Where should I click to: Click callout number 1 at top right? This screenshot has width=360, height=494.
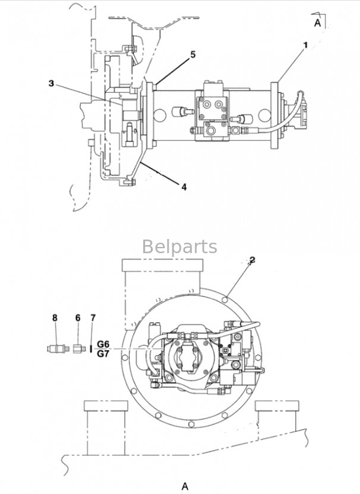pyautogui.click(x=305, y=45)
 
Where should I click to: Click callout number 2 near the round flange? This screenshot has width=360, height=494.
pyautogui.click(x=252, y=260)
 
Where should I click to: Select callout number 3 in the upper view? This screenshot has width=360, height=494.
pyautogui.click(x=51, y=83)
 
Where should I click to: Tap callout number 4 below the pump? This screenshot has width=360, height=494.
pyautogui.click(x=184, y=187)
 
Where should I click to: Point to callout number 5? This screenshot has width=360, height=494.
pyautogui.click(x=193, y=54)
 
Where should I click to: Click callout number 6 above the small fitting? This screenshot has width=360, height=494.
pyautogui.click(x=78, y=318)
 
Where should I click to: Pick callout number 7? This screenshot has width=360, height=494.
pyautogui.click(x=93, y=318)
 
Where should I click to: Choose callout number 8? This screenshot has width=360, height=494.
pyautogui.click(x=55, y=318)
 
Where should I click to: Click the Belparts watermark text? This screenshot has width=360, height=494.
pyautogui.click(x=180, y=246)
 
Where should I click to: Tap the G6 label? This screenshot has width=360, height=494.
pyautogui.click(x=103, y=344)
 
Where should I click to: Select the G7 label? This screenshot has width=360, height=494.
pyautogui.click(x=103, y=354)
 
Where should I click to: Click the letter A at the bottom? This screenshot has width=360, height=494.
pyautogui.click(x=185, y=486)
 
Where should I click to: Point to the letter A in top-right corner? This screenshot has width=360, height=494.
pyautogui.click(x=317, y=23)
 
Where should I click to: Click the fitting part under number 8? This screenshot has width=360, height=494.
pyautogui.click(x=57, y=349)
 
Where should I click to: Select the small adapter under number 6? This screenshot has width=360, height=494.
pyautogui.click(x=80, y=349)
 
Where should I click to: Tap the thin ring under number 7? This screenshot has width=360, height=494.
pyautogui.click(x=91, y=349)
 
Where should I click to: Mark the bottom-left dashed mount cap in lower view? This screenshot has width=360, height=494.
pyautogui.click(x=106, y=406)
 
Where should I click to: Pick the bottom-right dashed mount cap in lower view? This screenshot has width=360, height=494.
pyautogui.click(x=277, y=406)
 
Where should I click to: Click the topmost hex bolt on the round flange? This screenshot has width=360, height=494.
pyautogui.click(x=225, y=299)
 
